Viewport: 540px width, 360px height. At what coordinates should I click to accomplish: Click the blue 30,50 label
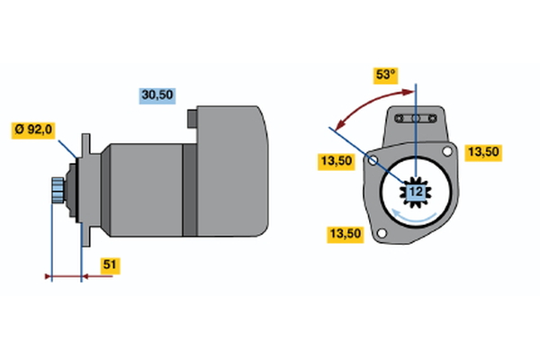[x=157, y=94]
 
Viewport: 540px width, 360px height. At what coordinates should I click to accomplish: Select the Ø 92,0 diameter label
[x=33, y=130]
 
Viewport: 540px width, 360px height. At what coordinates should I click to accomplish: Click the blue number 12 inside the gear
[x=416, y=192]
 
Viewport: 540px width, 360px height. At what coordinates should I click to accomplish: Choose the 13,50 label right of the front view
[x=482, y=152]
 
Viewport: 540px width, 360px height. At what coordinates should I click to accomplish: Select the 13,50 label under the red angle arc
[x=337, y=161]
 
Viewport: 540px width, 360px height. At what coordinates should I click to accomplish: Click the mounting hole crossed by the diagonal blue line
[x=374, y=161]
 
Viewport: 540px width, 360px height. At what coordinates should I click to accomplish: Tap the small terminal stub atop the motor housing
[x=192, y=117]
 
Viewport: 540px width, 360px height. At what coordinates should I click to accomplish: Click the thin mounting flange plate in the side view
[x=85, y=190]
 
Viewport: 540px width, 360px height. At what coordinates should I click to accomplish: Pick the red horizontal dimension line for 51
[x=81, y=276]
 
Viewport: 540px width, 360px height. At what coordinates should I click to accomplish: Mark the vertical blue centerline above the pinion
[x=416, y=135]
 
